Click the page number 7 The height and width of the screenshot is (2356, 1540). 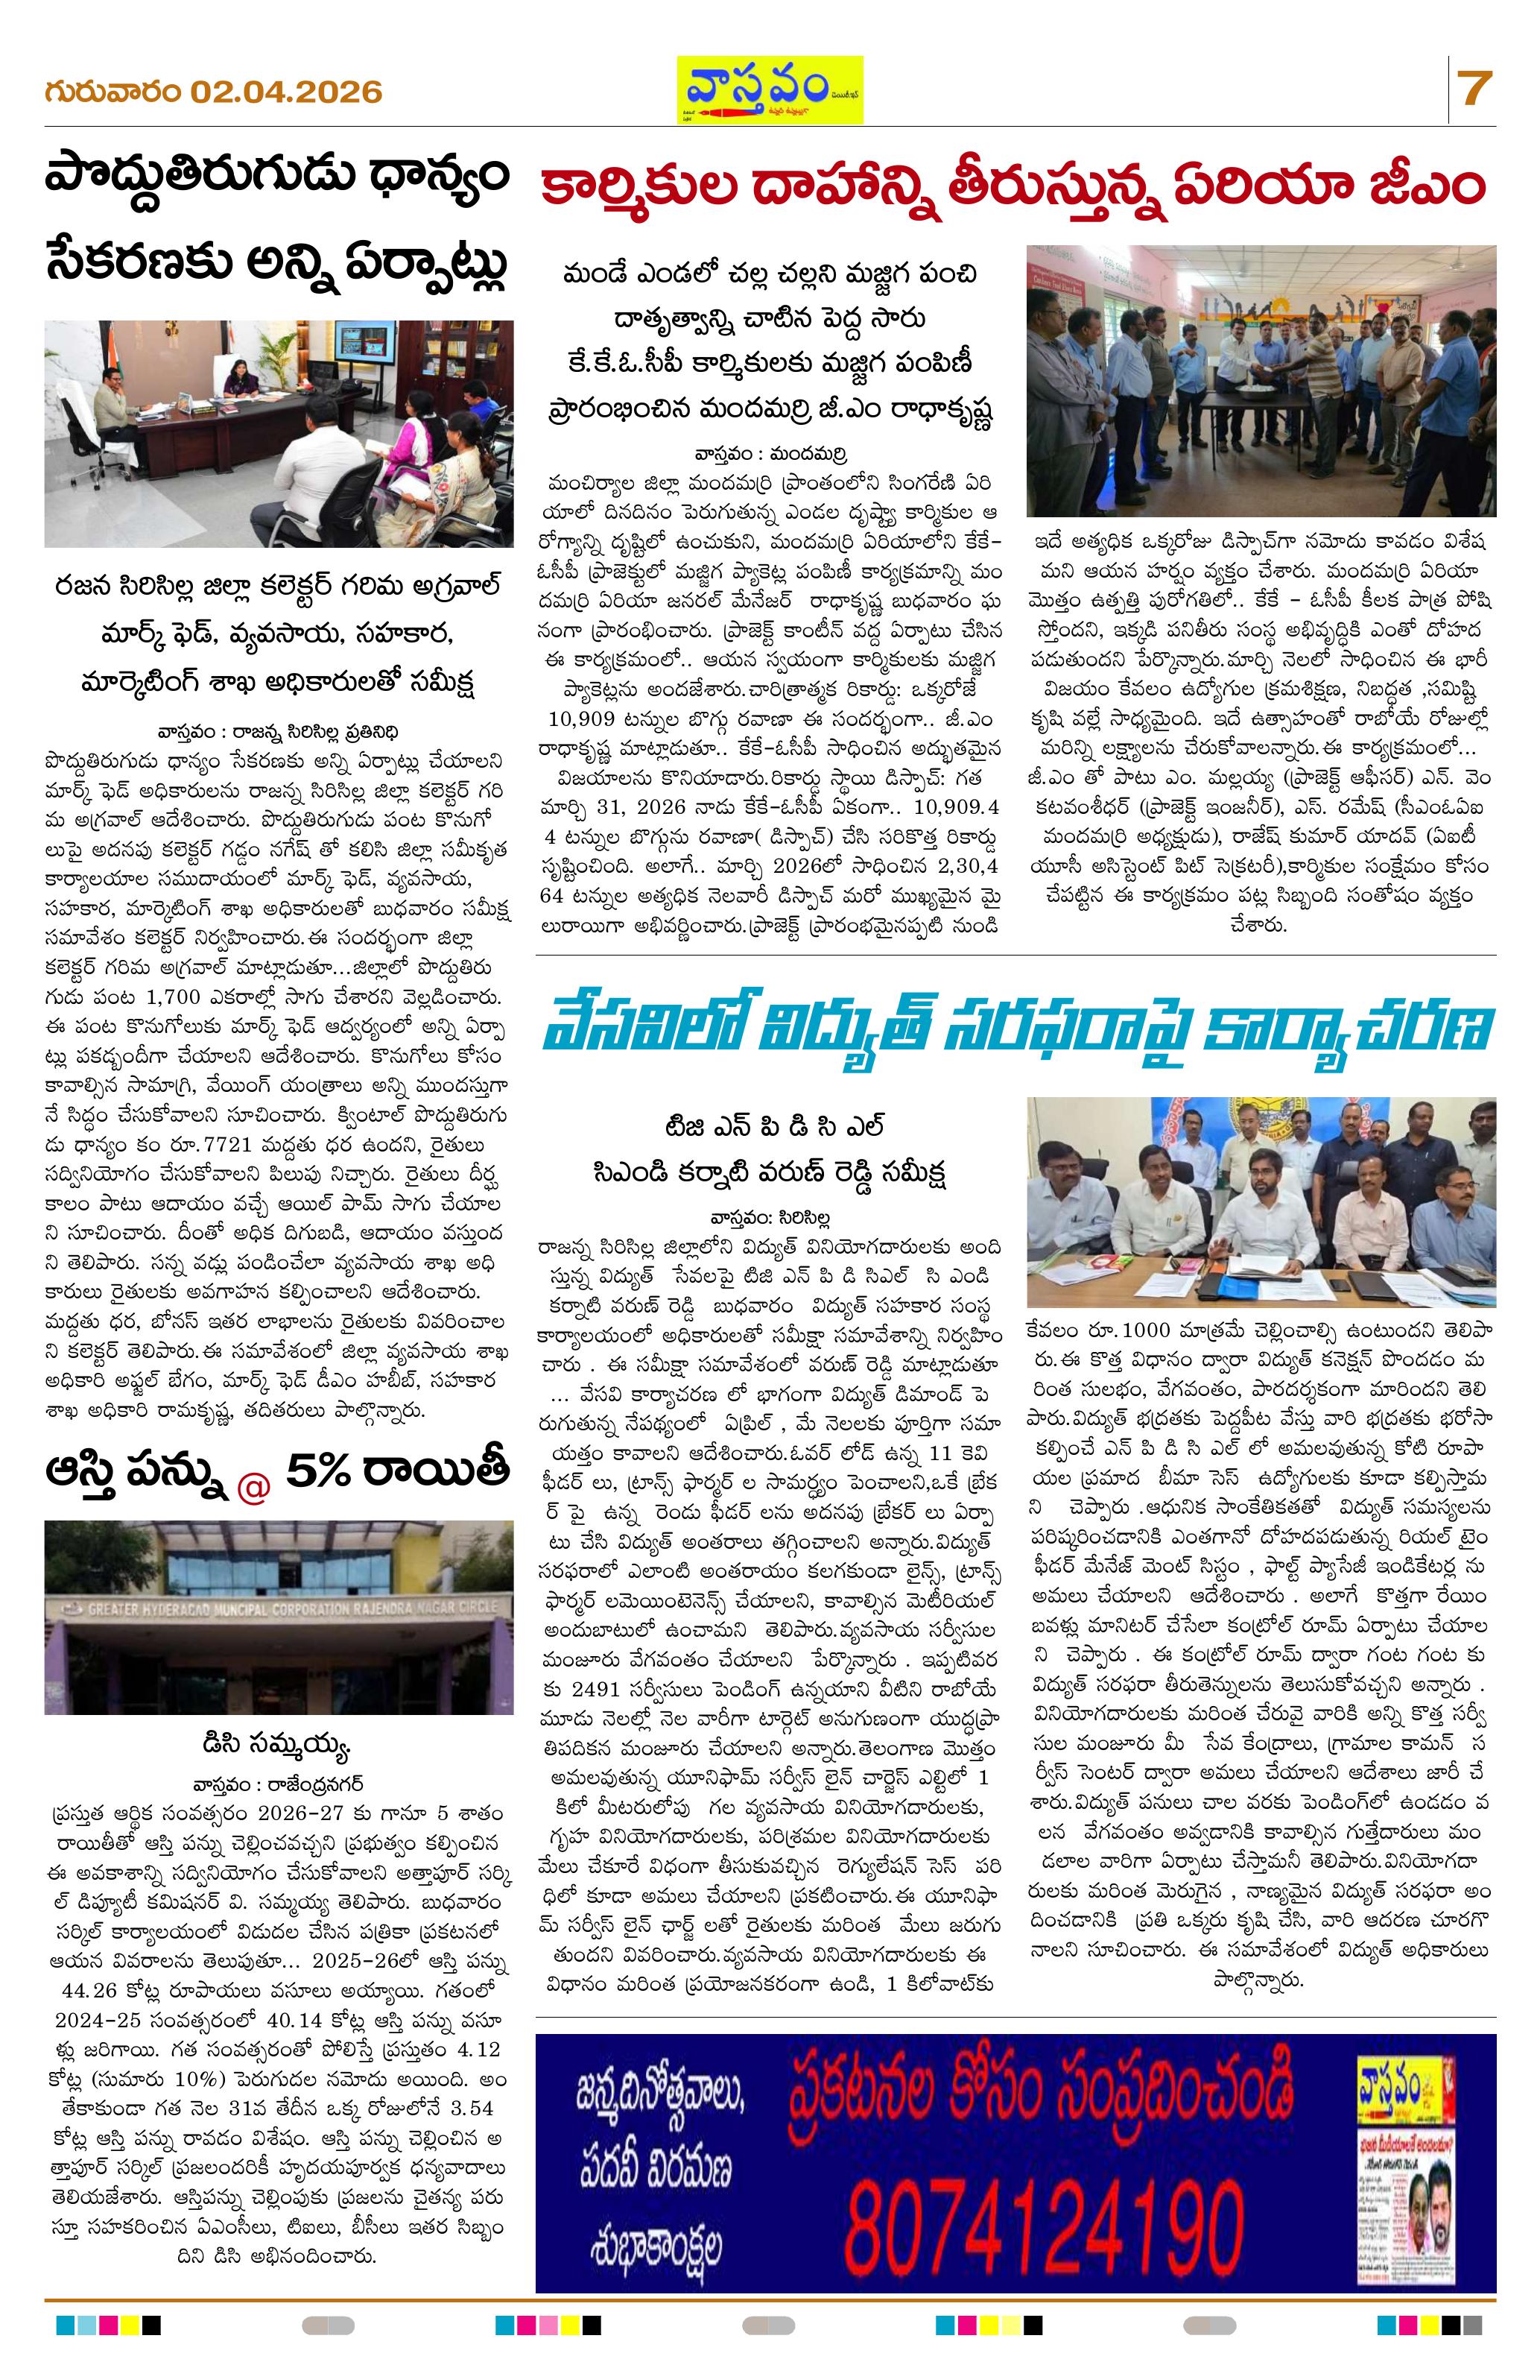coord(1474,90)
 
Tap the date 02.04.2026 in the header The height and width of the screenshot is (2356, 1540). coord(287,92)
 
